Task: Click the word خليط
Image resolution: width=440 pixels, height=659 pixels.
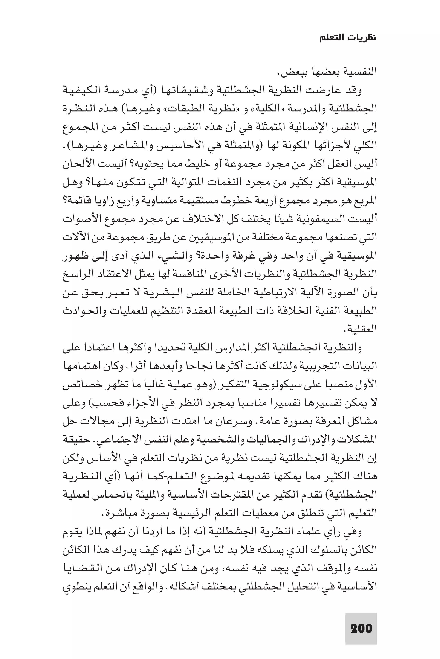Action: (195, 164)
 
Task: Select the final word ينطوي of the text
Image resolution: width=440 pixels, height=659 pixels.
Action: (73, 587)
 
